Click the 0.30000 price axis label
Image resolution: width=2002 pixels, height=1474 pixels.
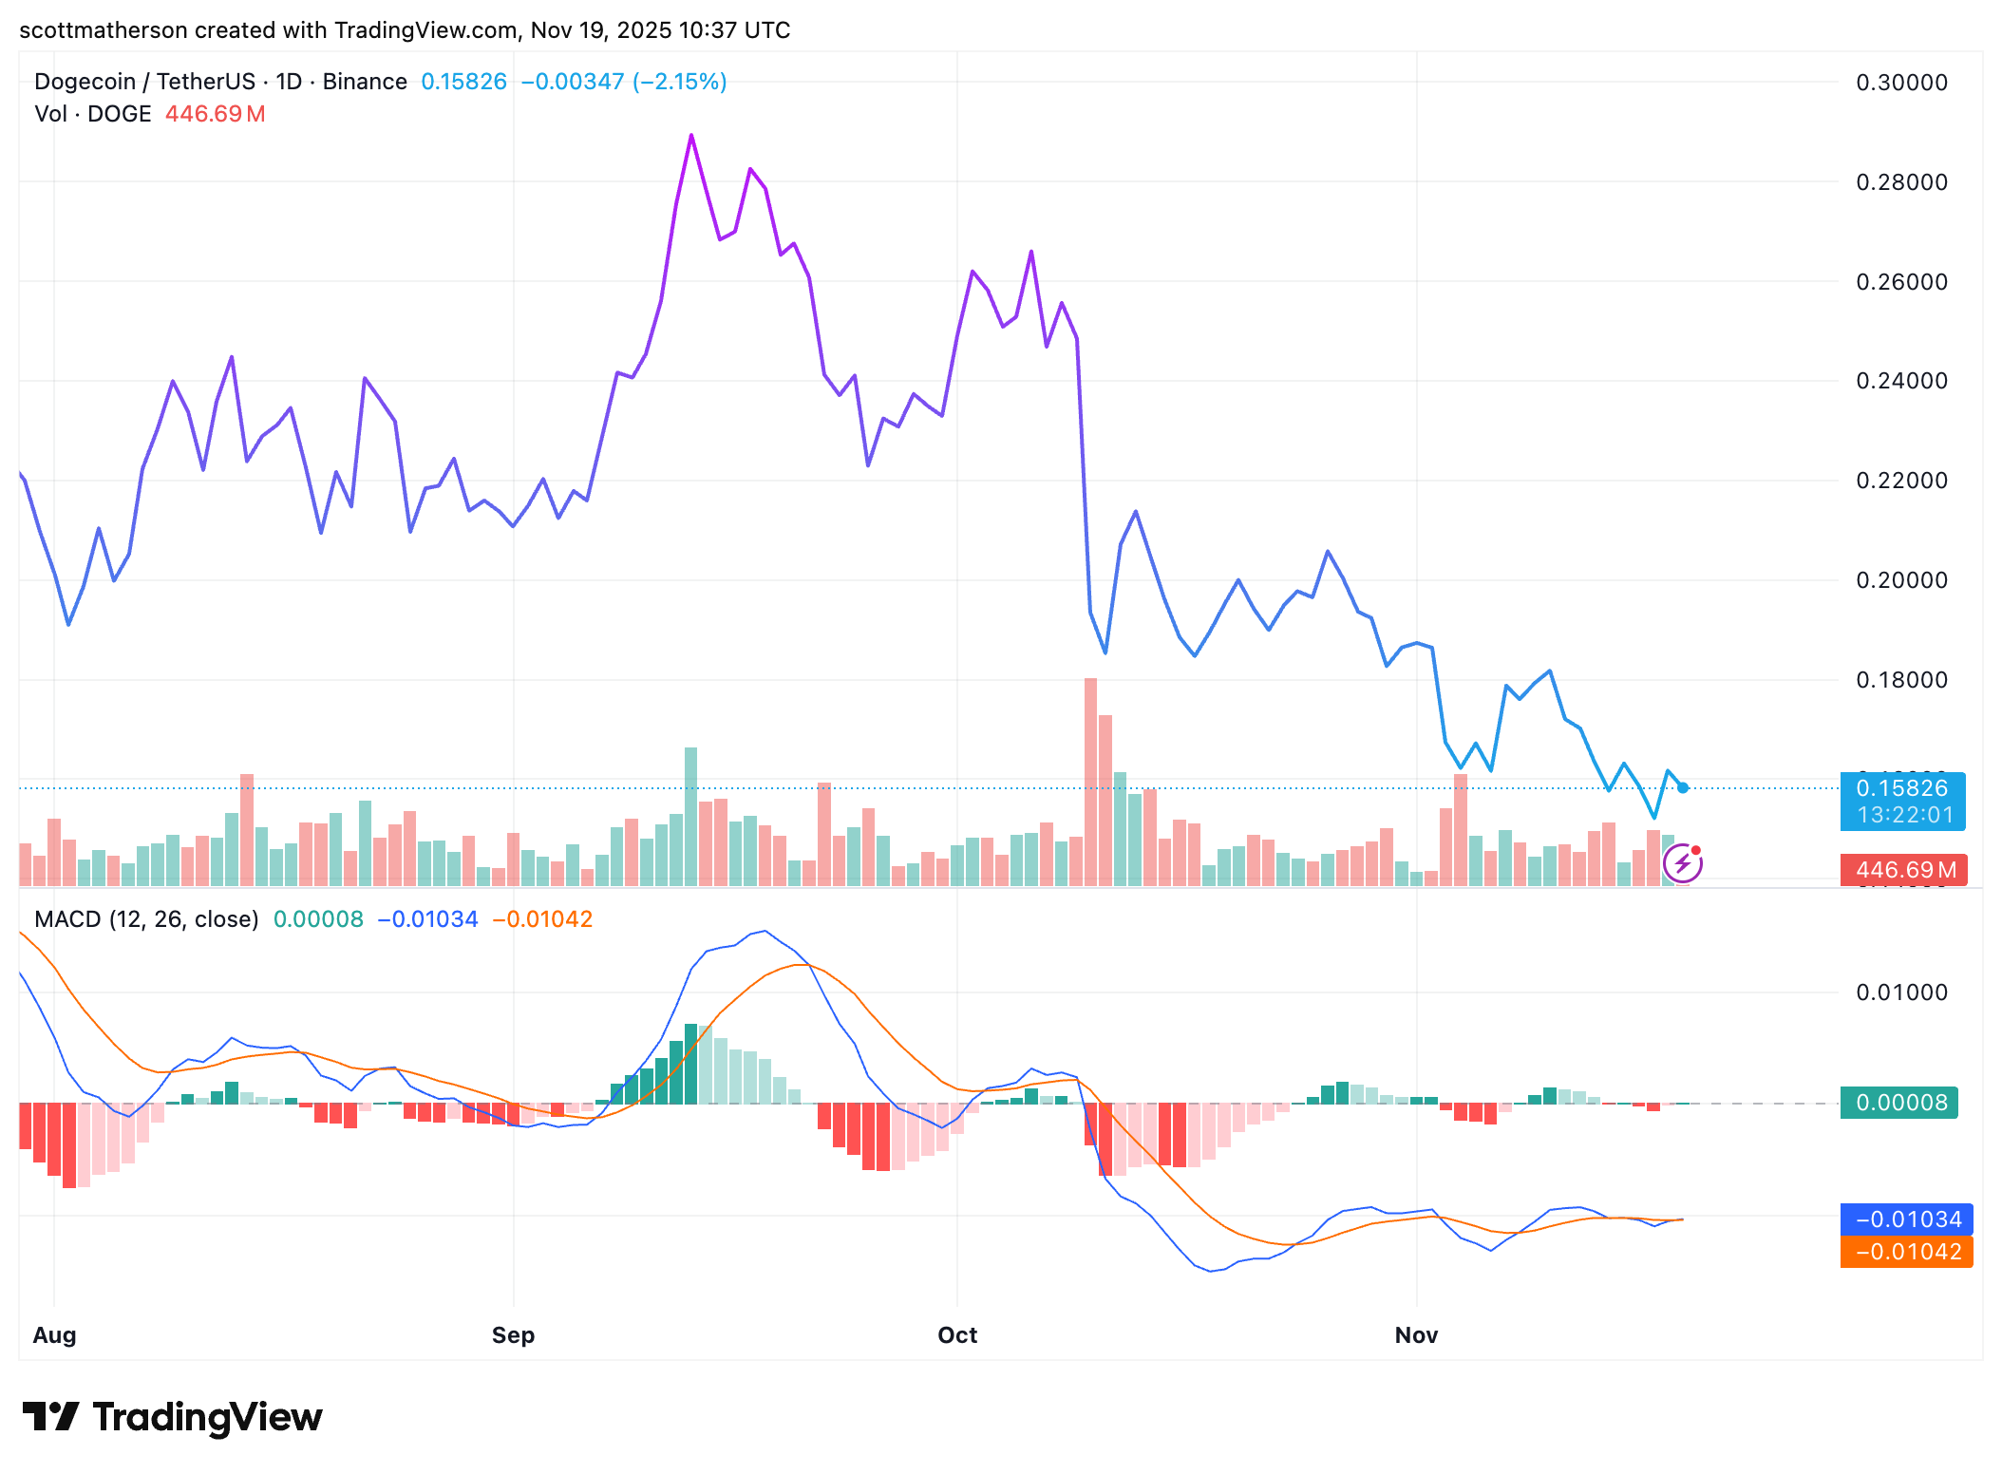[1901, 83]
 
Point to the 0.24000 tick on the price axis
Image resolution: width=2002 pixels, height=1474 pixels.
[1901, 381]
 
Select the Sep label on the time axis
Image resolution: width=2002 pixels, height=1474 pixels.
[513, 1335]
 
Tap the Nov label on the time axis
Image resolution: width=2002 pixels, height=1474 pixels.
[1416, 1335]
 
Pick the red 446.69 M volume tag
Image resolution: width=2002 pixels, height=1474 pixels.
[1903, 870]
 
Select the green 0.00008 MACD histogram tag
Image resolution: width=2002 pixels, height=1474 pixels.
[1899, 1103]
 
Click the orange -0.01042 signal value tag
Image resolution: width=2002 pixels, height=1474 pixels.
[1907, 1252]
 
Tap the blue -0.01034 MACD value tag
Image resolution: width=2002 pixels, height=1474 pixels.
[1907, 1219]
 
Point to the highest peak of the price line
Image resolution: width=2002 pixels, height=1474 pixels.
[691, 136]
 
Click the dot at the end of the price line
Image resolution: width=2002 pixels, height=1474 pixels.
[1683, 787]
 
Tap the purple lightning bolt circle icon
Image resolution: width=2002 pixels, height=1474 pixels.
[1683, 863]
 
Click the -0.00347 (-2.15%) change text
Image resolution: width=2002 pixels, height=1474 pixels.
[624, 82]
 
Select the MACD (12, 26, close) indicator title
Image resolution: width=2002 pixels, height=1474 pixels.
[146, 919]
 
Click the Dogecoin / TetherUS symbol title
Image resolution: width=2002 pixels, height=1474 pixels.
[144, 82]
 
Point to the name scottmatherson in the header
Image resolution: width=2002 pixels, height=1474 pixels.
[104, 30]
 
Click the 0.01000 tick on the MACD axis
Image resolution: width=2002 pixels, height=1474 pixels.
[1901, 992]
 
